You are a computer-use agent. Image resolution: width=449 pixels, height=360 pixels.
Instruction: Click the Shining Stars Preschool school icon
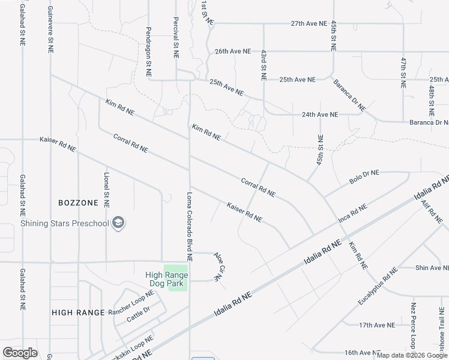pyautogui.click(x=118, y=223)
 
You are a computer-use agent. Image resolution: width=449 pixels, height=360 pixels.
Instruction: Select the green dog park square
pyautogui.click(x=178, y=278)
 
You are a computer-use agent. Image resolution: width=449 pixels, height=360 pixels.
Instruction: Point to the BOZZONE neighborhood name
pyautogui.click(x=78, y=203)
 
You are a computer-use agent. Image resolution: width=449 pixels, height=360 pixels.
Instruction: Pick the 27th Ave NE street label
pyautogui.click(x=309, y=24)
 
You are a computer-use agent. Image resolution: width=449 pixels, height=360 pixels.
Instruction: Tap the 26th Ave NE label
pyautogui.click(x=233, y=52)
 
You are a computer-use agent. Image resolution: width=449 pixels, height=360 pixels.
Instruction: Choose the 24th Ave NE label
pyautogui.click(x=320, y=115)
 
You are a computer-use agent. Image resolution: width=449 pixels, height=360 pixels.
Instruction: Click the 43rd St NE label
pyautogui.click(x=263, y=65)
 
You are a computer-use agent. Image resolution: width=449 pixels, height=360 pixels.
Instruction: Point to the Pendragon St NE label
pyautogui.click(x=148, y=51)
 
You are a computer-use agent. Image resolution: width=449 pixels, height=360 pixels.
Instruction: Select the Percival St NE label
pyautogui.click(x=176, y=37)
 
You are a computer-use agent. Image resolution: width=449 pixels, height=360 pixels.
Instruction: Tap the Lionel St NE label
pyautogui.click(x=106, y=191)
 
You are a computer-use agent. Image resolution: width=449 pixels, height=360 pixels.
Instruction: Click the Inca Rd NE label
pyautogui.click(x=352, y=213)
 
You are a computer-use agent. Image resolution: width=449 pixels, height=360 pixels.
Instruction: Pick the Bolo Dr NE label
pyautogui.click(x=364, y=177)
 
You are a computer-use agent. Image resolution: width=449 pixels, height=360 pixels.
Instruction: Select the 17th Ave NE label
pyautogui.click(x=377, y=325)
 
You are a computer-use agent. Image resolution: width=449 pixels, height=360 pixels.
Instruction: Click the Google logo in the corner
pyautogui.click(x=20, y=352)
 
